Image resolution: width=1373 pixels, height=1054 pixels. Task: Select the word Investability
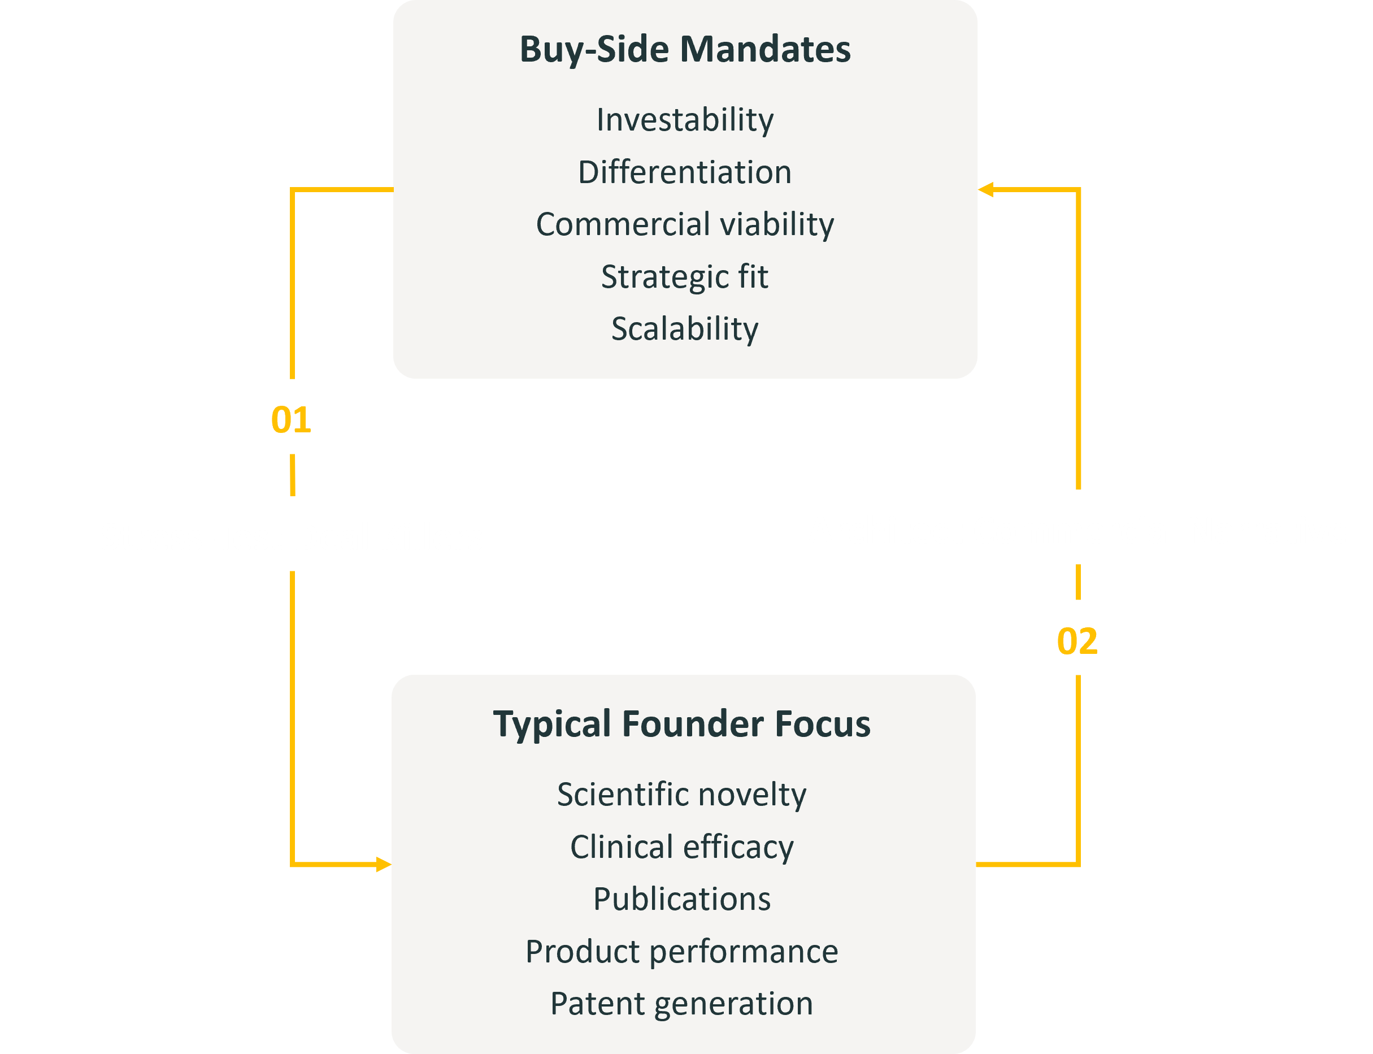(685, 119)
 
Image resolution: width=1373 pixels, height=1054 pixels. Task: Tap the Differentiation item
(685, 172)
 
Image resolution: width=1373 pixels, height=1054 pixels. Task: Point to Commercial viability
(685, 224)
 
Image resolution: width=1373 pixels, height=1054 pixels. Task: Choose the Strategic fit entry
(685, 277)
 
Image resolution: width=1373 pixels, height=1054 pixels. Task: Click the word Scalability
(685, 329)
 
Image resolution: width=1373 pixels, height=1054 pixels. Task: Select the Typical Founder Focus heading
(682, 723)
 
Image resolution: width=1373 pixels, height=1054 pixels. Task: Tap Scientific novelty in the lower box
(682, 794)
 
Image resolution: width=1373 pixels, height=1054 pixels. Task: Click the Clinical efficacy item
(682, 847)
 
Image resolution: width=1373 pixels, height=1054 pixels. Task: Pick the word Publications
(682, 899)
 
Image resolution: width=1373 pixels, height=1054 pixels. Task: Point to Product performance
(682, 951)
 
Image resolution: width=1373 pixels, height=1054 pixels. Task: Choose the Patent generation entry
(682, 1004)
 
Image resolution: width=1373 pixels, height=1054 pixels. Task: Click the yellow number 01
(291, 420)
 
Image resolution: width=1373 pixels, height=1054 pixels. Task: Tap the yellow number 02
(1077, 641)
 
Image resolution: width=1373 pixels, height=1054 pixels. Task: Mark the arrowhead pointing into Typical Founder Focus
(383, 865)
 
